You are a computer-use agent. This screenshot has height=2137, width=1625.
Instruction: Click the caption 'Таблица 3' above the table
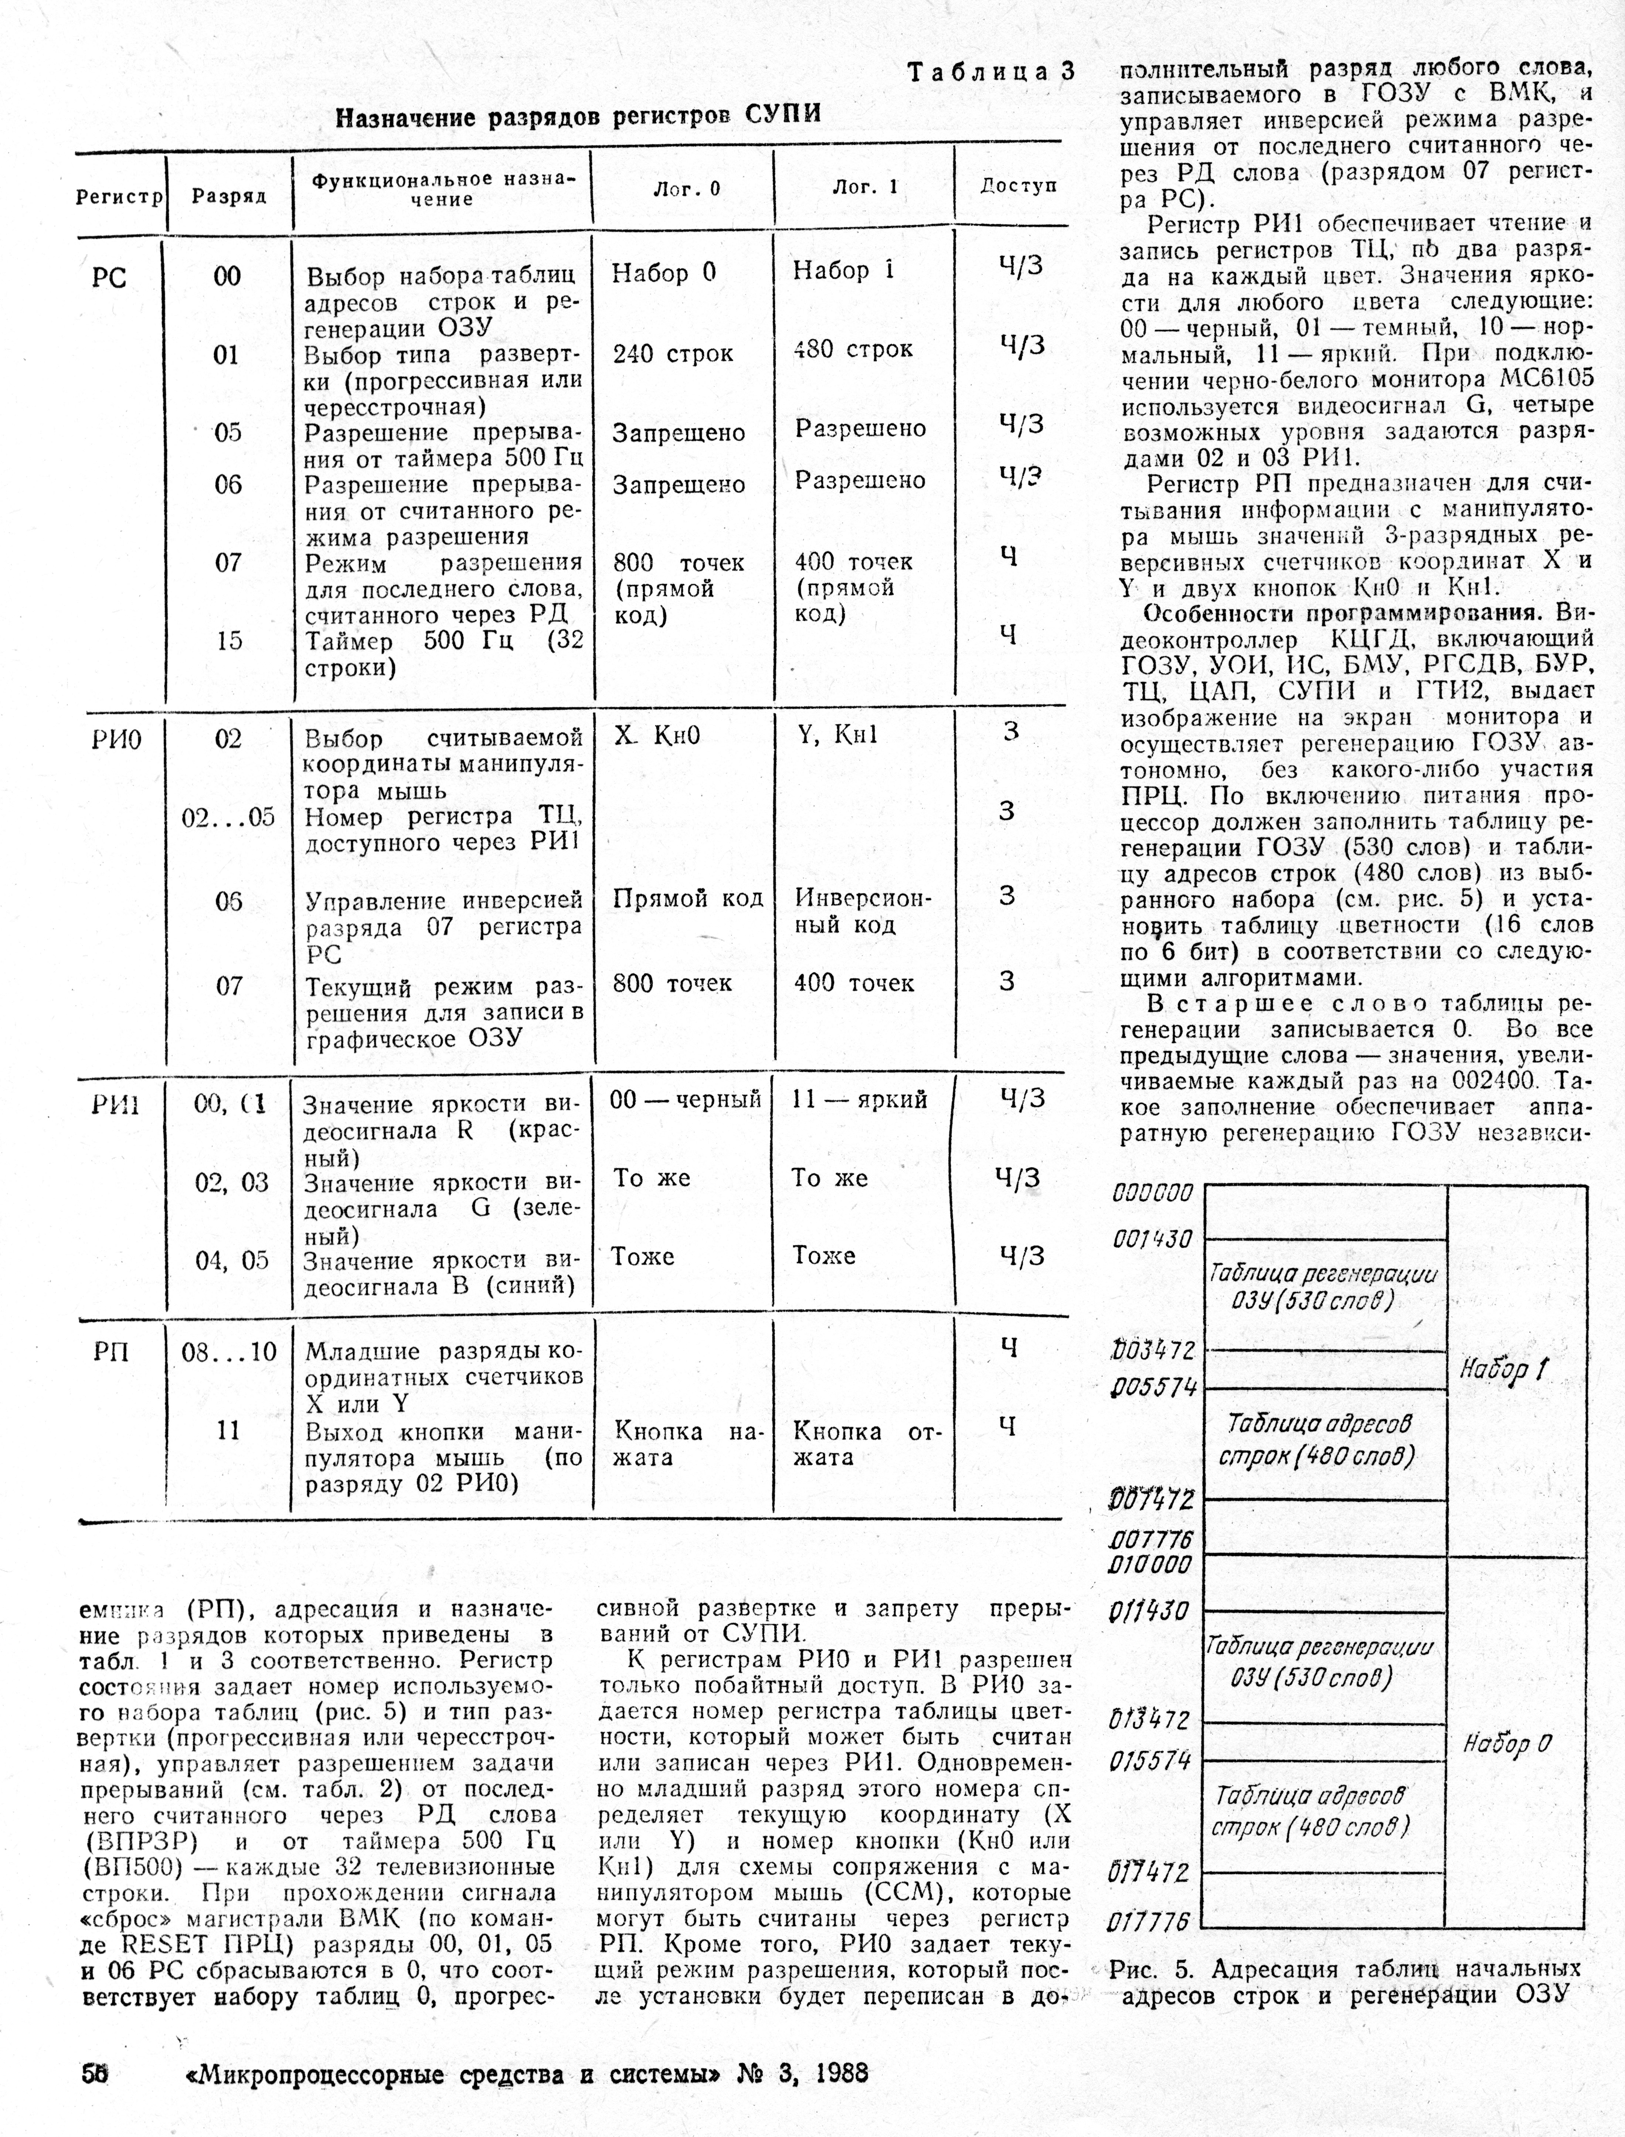click(x=990, y=72)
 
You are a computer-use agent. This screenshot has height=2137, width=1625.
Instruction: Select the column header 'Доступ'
click(x=1019, y=186)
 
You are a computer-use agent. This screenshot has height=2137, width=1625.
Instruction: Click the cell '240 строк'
click(x=672, y=354)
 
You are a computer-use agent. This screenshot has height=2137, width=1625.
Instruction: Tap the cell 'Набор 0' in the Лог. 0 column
click(x=663, y=274)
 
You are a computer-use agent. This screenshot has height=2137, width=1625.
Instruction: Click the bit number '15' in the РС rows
click(x=228, y=641)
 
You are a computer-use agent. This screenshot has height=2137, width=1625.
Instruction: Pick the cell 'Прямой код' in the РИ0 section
click(x=688, y=898)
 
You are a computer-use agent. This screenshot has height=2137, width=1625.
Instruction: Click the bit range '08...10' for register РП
click(x=229, y=1352)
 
